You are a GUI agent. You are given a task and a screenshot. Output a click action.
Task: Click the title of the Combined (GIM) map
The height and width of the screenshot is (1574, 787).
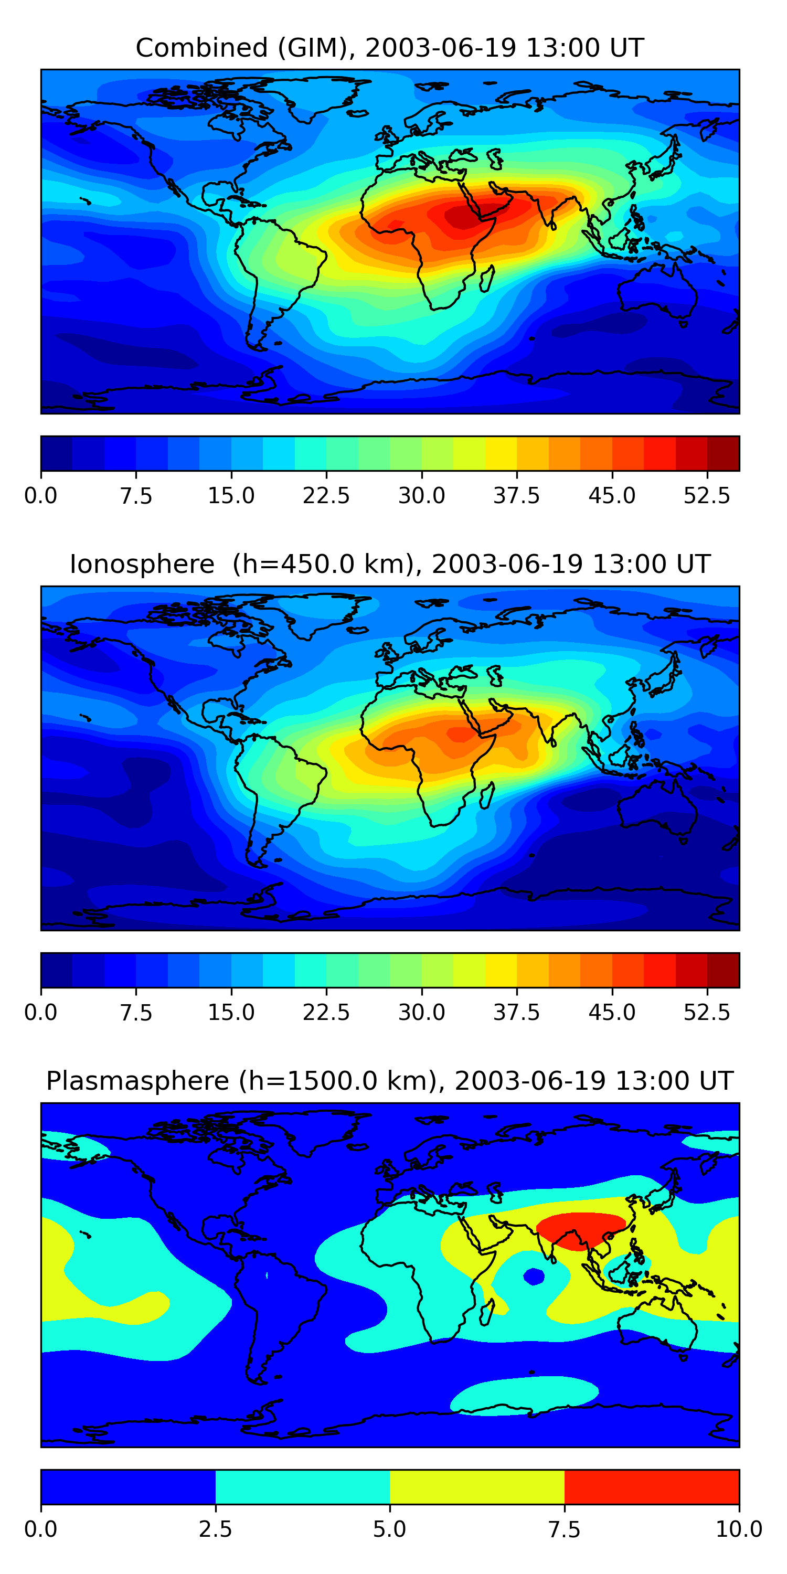pos(390,48)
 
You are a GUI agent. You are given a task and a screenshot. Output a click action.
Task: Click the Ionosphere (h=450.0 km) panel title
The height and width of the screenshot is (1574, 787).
pos(390,564)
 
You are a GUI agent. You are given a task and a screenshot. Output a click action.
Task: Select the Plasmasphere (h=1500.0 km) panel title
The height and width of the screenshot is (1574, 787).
pos(390,1081)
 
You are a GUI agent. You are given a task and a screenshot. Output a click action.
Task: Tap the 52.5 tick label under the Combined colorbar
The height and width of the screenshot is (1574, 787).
pos(706,495)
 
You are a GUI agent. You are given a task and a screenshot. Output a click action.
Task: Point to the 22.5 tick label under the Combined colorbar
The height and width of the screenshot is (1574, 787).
pos(326,495)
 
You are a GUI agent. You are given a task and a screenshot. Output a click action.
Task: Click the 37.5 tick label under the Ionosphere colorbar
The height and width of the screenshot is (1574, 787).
pos(516,1013)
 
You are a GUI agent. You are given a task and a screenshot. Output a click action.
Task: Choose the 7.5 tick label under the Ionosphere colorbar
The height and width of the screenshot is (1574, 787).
pos(136,1013)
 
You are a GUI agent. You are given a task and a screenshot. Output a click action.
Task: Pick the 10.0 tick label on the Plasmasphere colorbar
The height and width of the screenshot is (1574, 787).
pos(739,1529)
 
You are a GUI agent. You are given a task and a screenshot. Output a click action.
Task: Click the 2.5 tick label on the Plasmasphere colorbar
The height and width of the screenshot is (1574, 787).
pos(215,1529)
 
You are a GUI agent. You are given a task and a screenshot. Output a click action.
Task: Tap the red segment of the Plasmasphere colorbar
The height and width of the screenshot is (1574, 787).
pos(651,1486)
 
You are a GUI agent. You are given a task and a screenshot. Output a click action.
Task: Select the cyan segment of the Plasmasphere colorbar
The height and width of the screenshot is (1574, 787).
pos(302,1486)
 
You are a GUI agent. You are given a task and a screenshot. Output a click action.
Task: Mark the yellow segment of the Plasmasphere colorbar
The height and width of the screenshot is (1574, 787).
pos(476,1486)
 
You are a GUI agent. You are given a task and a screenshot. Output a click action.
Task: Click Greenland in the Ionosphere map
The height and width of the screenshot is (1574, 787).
pos(318,611)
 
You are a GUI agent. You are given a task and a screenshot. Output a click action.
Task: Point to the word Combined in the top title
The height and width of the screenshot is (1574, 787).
pos(201,48)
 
